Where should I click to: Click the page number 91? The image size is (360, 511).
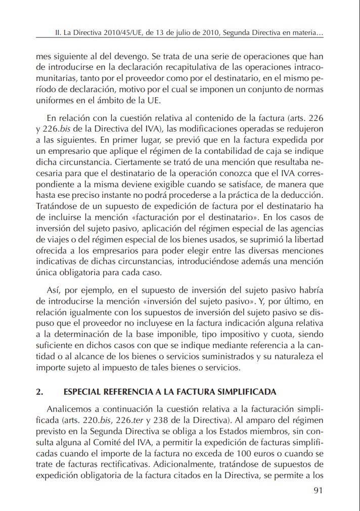click(x=318, y=490)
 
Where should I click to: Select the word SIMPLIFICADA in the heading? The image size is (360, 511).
click(x=245, y=392)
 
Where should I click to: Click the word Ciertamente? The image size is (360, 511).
click(x=137, y=163)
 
